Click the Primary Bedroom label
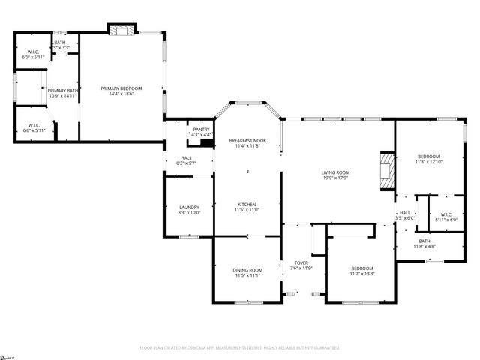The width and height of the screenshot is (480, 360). click(121, 91)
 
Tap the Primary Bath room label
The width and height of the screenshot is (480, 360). click(64, 93)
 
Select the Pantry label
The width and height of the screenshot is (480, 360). click(201, 132)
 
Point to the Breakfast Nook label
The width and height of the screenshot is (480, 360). click(247, 143)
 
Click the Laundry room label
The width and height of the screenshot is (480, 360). click(188, 210)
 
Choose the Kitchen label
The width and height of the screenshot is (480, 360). click(247, 207)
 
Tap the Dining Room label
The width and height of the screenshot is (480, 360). click(247, 272)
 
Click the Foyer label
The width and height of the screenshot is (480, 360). click(301, 265)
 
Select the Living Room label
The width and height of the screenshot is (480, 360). click(336, 175)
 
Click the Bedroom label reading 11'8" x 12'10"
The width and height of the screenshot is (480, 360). click(429, 159)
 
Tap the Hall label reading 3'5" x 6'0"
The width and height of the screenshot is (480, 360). click(405, 215)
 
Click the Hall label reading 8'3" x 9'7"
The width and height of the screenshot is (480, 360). click(185, 160)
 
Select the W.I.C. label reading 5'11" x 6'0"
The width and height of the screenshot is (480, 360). click(446, 217)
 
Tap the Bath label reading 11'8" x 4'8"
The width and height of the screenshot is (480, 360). click(424, 243)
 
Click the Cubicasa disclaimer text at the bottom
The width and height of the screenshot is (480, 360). click(240, 347)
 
